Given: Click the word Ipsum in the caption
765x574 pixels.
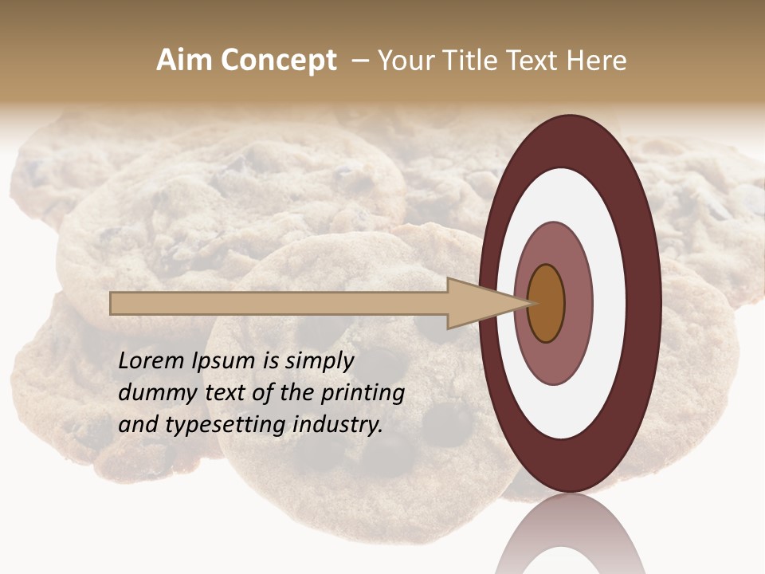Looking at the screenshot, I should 225,361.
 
